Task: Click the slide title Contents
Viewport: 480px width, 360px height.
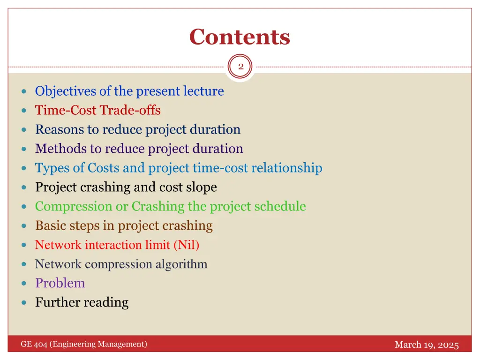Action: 240,37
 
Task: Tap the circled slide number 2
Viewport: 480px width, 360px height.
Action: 240,67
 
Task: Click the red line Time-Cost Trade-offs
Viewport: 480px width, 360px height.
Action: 97,110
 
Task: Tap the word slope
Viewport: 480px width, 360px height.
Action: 201,187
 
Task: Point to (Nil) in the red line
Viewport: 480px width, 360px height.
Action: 186,245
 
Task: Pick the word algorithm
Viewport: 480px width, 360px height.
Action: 181,264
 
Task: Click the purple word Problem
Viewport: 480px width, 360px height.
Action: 60,283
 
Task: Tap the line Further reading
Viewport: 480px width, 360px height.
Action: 82,302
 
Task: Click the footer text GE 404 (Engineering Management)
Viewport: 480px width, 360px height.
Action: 83,345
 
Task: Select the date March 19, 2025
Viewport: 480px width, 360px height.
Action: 426,345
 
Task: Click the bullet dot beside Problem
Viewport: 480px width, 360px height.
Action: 24,284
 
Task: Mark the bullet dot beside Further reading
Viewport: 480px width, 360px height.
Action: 24,303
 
